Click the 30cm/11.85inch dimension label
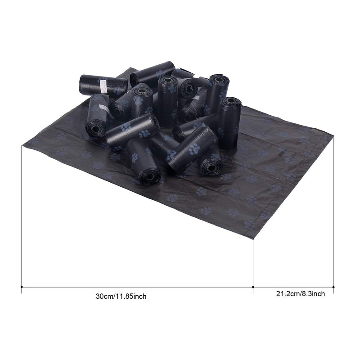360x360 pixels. point(121,297)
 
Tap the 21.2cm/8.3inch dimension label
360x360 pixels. point(300,294)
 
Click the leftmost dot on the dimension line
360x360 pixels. point(22,287)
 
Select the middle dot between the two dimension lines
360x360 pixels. point(253,287)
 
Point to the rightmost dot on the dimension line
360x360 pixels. point(333,287)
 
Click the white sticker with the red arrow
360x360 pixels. point(104,86)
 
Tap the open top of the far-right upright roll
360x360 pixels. point(231,101)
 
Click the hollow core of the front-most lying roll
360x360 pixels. point(149,177)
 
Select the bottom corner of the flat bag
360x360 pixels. point(253,239)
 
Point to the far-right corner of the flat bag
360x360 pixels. point(333,135)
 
